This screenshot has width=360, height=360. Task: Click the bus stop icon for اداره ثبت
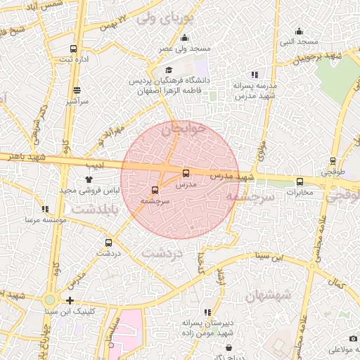coord(75,49)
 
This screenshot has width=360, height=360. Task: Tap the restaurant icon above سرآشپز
coord(77,90)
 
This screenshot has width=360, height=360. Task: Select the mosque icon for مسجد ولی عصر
coord(184,38)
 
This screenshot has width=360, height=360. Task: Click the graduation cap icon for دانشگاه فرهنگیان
coord(169,70)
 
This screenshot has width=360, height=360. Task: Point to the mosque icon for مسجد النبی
coord(299,31)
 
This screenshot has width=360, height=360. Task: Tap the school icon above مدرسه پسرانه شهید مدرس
coord(255,75)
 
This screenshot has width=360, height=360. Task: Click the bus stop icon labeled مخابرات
coord(300,181)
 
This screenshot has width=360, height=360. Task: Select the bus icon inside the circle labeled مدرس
coord(186,173)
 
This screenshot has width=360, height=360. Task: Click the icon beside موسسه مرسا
coord(46,209)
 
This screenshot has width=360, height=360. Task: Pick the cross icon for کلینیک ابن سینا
coord(70,300)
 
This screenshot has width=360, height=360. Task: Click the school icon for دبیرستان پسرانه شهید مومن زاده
coord(207,312)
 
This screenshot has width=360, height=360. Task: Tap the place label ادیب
coord(95,166)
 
